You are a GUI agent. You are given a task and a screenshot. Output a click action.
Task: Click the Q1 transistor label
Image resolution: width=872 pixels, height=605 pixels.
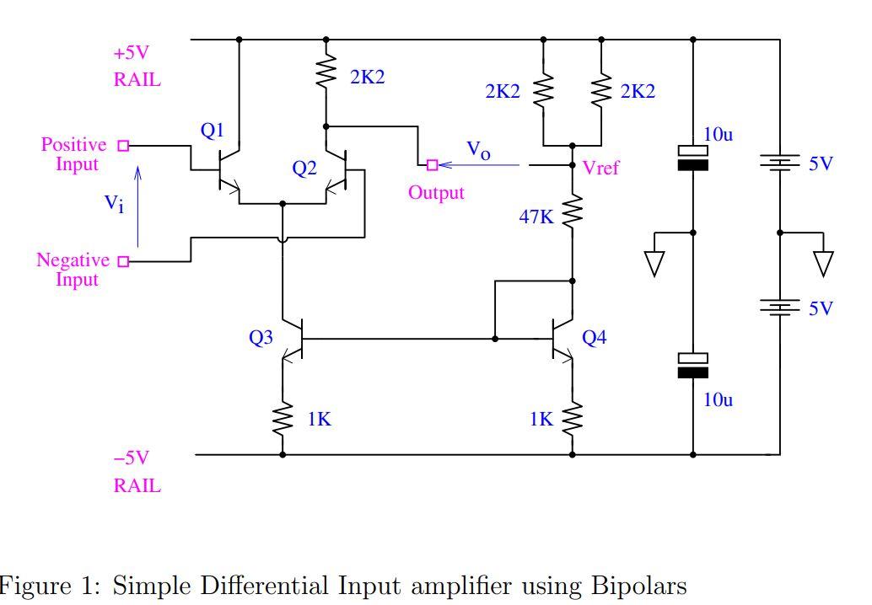click(x=213, y=131)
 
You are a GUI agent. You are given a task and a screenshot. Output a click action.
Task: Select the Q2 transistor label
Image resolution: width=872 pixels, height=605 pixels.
click(x=304, y=169)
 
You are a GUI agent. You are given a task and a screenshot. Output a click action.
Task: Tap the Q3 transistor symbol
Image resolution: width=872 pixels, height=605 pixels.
click(x=291, y=339)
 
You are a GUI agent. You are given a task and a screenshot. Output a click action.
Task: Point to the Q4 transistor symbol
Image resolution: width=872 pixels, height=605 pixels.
click(x=563, y=339)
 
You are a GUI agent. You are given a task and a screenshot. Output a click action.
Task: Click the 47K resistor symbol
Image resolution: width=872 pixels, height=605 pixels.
click(x=573, y=211)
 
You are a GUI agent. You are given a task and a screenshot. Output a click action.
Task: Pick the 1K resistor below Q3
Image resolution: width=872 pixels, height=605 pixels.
click(x=283, y=418)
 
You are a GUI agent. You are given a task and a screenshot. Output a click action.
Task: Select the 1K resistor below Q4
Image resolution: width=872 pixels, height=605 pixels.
click(x=573, y=417)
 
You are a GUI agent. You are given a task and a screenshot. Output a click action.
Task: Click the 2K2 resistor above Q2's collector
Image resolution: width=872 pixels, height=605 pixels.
click(x=326, y=75)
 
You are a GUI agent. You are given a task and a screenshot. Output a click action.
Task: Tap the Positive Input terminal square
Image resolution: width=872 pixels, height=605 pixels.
click(x=123, y=146)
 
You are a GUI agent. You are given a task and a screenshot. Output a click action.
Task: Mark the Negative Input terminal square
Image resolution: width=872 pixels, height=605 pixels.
click(x=123, y=261)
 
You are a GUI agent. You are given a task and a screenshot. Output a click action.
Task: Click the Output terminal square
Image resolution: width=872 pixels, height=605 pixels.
click(x=432, y=164)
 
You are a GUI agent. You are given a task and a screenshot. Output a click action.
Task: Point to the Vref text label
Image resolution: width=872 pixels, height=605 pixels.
click(x=600, y=168)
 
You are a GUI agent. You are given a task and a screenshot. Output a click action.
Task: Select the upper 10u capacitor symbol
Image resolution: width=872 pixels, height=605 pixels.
click(x=693, y=158)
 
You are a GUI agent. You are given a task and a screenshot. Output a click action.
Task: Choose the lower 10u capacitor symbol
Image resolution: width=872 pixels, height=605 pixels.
click(x=693, y=365)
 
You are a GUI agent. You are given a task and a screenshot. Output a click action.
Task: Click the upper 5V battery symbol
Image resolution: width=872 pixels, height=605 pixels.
click(x=779, y=162)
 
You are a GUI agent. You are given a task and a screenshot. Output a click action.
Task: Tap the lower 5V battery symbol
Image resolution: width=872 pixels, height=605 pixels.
click(x=779, y=308)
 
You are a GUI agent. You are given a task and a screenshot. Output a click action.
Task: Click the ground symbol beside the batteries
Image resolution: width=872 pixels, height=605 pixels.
click(x=823, y=263)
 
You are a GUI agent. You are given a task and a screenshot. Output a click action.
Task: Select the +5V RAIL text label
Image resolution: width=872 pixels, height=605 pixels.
click(x=137, y=67)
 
